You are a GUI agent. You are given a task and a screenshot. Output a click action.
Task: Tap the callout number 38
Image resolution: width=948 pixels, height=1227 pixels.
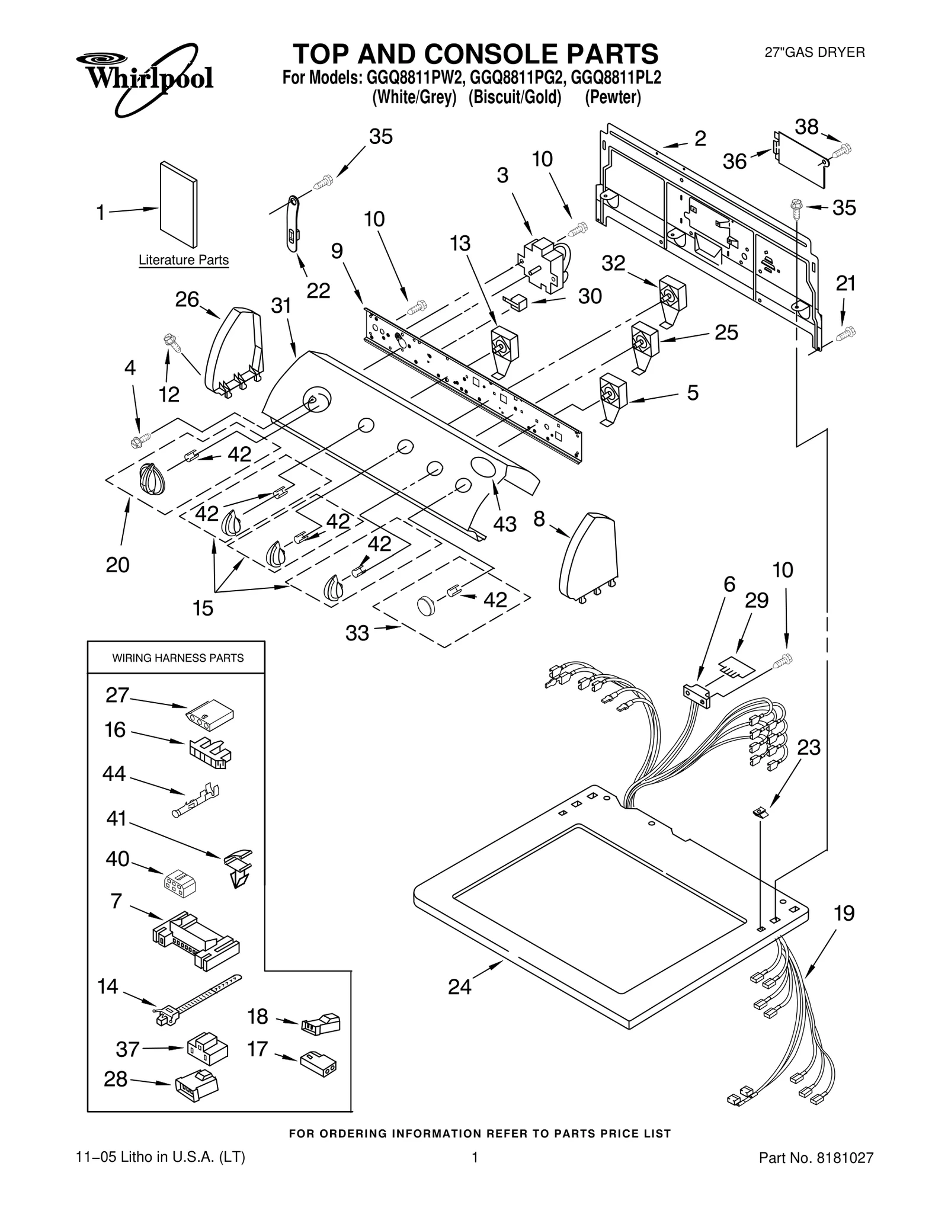coord(806,127)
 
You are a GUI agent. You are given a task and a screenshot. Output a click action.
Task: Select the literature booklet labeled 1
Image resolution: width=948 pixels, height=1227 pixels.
coord(178,204)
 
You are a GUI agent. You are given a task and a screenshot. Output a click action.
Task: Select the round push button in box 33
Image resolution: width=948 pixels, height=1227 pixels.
coord(425,606)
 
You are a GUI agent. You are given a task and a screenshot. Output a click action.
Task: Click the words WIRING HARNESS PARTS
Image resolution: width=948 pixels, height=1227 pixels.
coord(178,658)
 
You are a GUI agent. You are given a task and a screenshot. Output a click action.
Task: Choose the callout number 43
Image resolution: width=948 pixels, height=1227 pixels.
coord(504,524)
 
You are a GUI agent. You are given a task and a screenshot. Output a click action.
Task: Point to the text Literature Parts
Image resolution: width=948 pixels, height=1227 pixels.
coord(183,260)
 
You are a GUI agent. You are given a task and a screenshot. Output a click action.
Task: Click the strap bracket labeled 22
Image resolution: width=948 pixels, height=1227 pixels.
coord(293,225)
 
